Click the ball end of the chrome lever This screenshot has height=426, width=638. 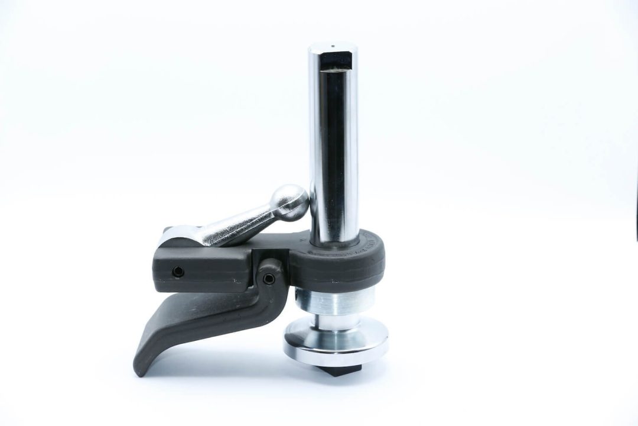(x=291, y=202)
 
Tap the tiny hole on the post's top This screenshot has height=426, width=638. (x=333, y=45)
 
